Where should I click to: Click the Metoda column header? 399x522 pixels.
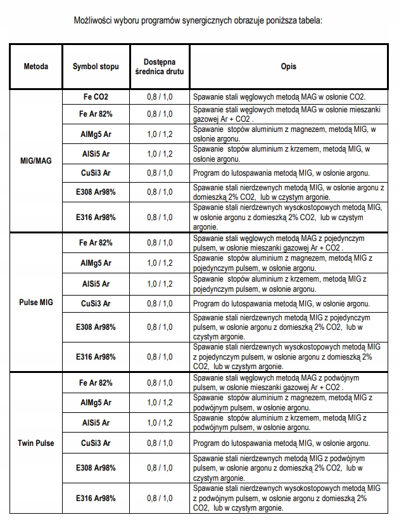[x=35, y=66]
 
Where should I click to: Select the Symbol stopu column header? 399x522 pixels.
[x=95, y=66]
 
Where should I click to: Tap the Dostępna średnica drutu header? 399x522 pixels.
[x=160, y=66]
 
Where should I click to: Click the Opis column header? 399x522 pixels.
[x=289, y=66]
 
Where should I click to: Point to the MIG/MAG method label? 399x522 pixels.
[x=35, y=160]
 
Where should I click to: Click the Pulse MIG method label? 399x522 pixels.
[x=35, y=302]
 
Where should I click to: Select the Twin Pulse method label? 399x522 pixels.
[x=35, y=443]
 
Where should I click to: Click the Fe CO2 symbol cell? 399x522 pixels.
[x=96, y=97]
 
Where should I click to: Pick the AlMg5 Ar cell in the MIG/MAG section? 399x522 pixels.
[x=96, y=134]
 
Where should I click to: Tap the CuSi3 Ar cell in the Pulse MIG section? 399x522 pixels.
[x=96, y=304]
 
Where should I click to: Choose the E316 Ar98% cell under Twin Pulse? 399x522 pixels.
[x=96, y=498]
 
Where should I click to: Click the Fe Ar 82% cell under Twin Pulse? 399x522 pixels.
[x=96, y=382]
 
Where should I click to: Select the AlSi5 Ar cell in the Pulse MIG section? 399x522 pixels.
[x=96, y=284]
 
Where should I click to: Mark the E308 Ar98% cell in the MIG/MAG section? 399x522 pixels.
[x=96, y=192]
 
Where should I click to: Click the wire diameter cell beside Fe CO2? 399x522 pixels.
[x=160, y=97]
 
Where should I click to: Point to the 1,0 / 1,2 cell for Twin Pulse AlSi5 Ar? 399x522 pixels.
[x=160, y=422]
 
